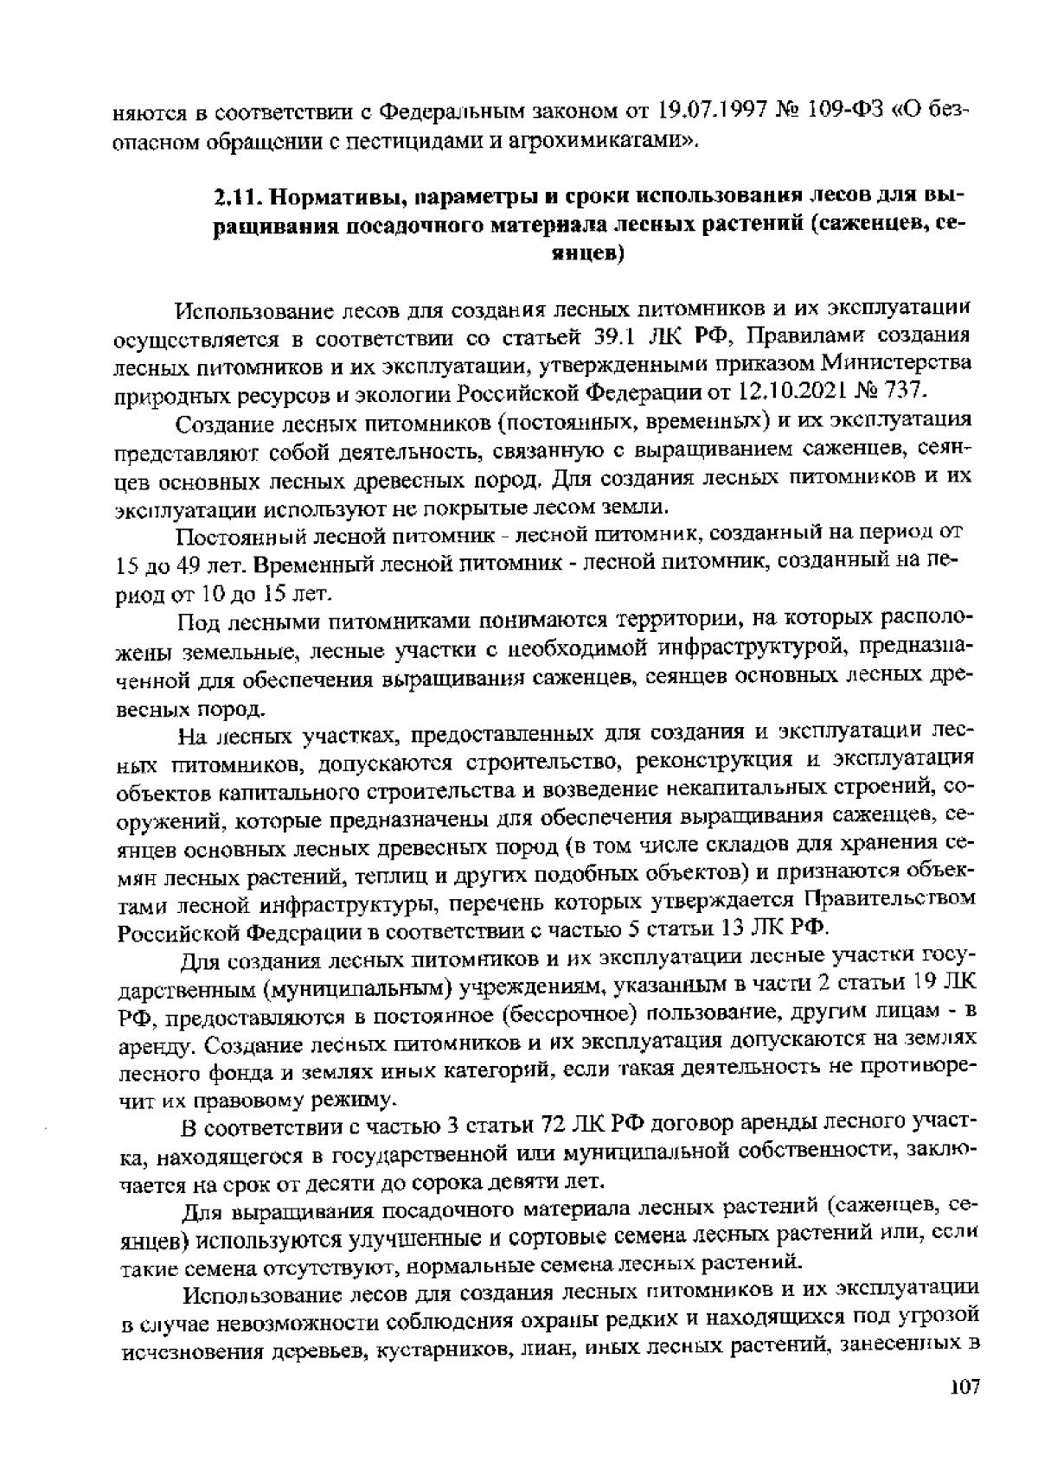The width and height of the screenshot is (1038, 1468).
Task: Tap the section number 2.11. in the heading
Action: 237,196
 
